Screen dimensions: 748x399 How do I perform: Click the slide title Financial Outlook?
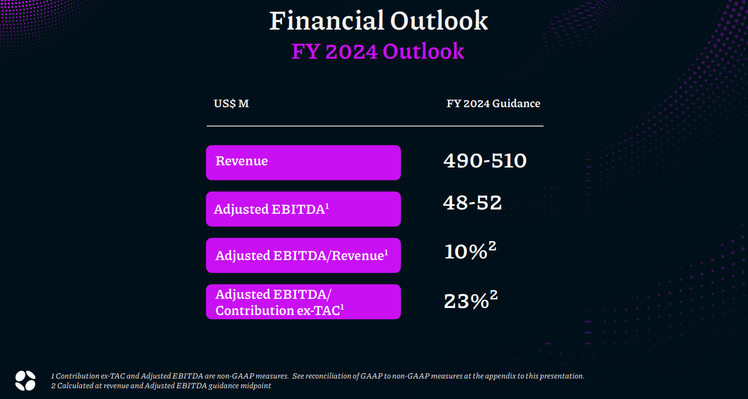coord(379,20)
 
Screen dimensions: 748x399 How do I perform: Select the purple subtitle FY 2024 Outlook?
coord(378,51)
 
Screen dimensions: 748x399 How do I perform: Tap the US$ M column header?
coord(231,104)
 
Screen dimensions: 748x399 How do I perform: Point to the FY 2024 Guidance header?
coord(493,104)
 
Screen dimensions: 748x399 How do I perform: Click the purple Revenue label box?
coord(303,163)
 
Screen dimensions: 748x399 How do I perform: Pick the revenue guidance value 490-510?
coord(485,160)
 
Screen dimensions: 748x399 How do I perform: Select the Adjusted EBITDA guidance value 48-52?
coord(472,202)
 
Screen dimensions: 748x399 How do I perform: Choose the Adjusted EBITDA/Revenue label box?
coord(303,255)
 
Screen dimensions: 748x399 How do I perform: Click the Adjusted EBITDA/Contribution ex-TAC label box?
coord(303,302)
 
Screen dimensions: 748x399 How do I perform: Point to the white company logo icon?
coord(25,380)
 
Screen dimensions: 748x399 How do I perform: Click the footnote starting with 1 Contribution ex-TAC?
coord(318,376)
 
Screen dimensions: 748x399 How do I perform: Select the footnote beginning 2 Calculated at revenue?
coord(161,386)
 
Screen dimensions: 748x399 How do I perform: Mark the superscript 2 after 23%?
coord(494,295)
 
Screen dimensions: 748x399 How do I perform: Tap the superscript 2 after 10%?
coord(492,246)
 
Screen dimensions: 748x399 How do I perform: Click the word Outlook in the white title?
coord(439,20)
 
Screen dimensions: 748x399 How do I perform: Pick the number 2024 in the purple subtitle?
coord(352,52)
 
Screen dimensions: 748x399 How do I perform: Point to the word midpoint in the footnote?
coord(257,386)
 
